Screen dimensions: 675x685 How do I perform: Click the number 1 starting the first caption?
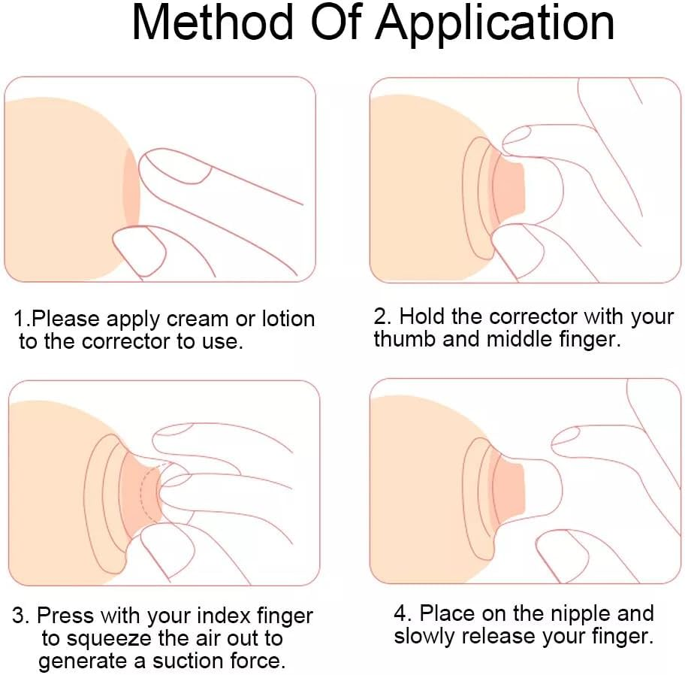pyautogui.click(x=19, y=319)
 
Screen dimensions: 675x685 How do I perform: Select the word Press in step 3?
pyautogui.click(x=65, y=616)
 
